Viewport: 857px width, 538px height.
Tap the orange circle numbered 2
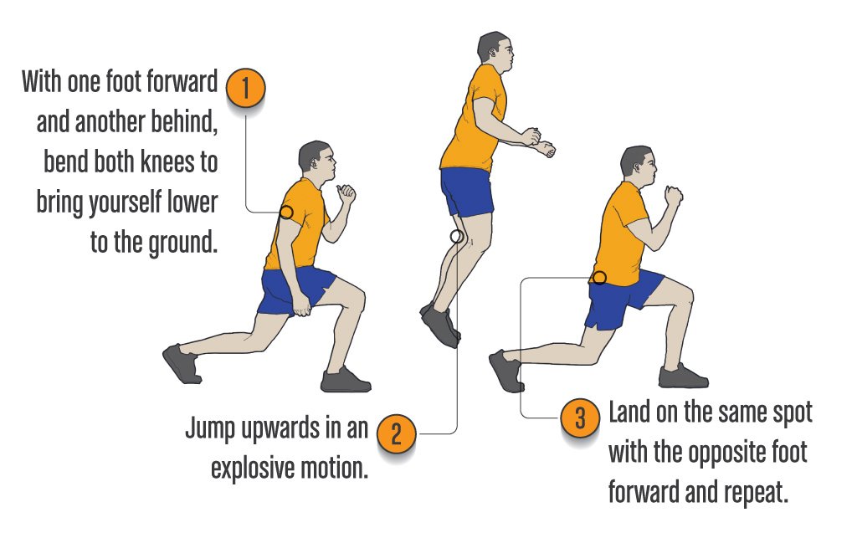[x=397, y=433]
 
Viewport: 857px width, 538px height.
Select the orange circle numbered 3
[x=579, y=417]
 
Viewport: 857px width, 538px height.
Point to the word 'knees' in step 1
[x=163, y=163]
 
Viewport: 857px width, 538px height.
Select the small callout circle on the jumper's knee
[x=456, y=237]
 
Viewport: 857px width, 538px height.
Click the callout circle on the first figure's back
[x=286, y=213]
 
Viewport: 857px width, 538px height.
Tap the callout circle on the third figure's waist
[x=599, y=277]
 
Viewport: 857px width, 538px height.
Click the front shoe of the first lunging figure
[x=344, y=381]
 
